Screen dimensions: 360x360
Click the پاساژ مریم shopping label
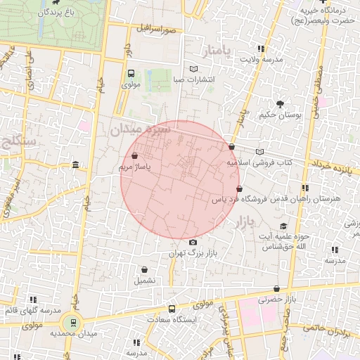pos(134,167)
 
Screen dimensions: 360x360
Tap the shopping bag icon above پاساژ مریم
pos(134,156)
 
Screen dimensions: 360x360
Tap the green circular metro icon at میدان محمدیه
pos(70,323)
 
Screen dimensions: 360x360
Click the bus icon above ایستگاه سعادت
pos(172,309)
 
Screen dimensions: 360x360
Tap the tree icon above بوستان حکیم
pos(281,103)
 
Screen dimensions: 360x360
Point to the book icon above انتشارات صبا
pos(194,69)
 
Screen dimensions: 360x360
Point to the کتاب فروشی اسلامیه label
pos(259,162)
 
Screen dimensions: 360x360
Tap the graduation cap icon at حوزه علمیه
pos(283,226)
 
